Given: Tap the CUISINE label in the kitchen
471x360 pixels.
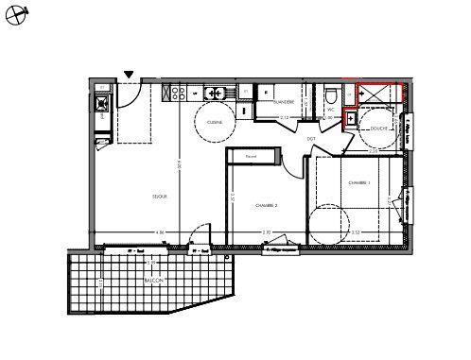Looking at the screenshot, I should (215, 122).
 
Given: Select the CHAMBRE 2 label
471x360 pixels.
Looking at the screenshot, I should (266, 204).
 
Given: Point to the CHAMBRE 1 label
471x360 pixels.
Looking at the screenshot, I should (358, 182).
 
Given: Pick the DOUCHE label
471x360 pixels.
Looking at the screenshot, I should (379, 129).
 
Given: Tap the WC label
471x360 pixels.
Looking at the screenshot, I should (331, 110).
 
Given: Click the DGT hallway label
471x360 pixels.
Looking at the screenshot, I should (311, 138).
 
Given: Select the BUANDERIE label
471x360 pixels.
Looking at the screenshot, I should (283, 101).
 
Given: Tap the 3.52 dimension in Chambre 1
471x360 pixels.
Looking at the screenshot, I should (356, 232).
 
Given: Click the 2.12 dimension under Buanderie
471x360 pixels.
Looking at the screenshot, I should (284, 117).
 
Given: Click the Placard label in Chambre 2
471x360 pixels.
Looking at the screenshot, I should (251, 156).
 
